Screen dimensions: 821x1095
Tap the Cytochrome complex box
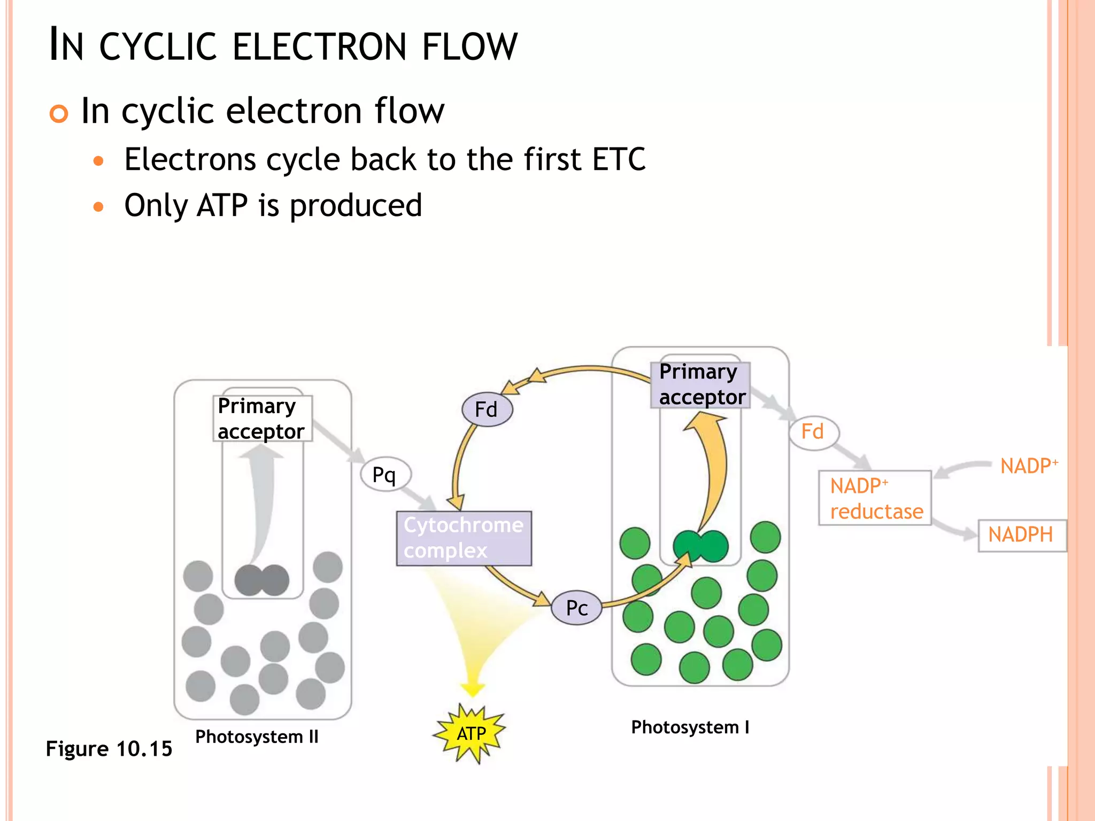click(464, 538)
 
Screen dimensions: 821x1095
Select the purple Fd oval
click(487, 409)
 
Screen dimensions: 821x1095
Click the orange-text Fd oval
click(813, 432)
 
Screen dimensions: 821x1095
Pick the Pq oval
click(385, 475)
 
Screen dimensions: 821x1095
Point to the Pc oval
click(576, 608)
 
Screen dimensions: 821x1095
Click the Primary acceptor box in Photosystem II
click(262, 419)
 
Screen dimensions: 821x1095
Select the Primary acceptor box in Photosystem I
click(700, 385)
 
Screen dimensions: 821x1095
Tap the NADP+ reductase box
click(875, 498)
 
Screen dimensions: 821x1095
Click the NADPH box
click(1021, 535)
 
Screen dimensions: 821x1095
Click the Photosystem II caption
click(257, 737)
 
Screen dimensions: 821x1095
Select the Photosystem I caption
click(690, 727)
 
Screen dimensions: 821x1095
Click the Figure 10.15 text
click(109, 749)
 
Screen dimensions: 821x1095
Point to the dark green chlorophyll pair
click(700, 546)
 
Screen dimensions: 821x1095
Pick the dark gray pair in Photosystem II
click(262, 580)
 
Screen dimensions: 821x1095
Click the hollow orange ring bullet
click(59, 114)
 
